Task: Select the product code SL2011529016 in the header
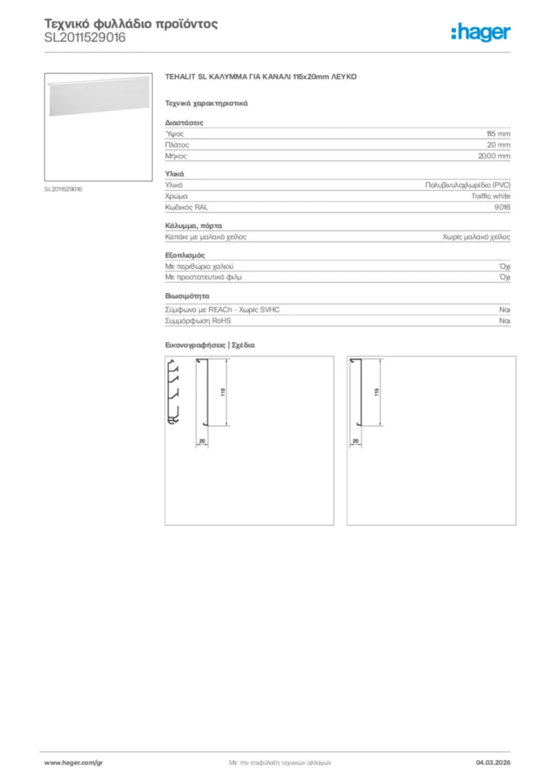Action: [85, 37]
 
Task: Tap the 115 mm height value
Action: [498, 133]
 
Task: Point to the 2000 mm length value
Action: [495, 156]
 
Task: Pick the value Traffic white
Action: [491, 196]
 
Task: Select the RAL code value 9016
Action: [503, 207]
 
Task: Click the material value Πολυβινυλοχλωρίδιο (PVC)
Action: [468, 185]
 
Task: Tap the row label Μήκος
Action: [175, 156]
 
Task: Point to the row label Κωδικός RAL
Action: [186, 207]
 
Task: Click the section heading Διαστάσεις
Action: [184, 122]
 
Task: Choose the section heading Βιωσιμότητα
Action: [187, 296]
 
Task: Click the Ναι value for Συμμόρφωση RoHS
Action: [504, 321]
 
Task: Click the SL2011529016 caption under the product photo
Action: [63, 189]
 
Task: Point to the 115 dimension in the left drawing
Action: [223, 392]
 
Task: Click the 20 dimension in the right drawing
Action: [355, 441]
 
